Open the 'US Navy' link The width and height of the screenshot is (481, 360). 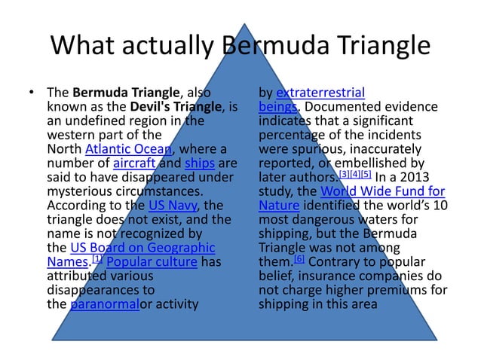click(172, 205)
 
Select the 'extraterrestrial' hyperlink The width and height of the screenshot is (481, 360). click(320, 94)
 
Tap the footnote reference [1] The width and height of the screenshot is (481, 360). click(97, 258)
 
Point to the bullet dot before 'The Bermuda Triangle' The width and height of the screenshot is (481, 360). click(32, 94)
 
